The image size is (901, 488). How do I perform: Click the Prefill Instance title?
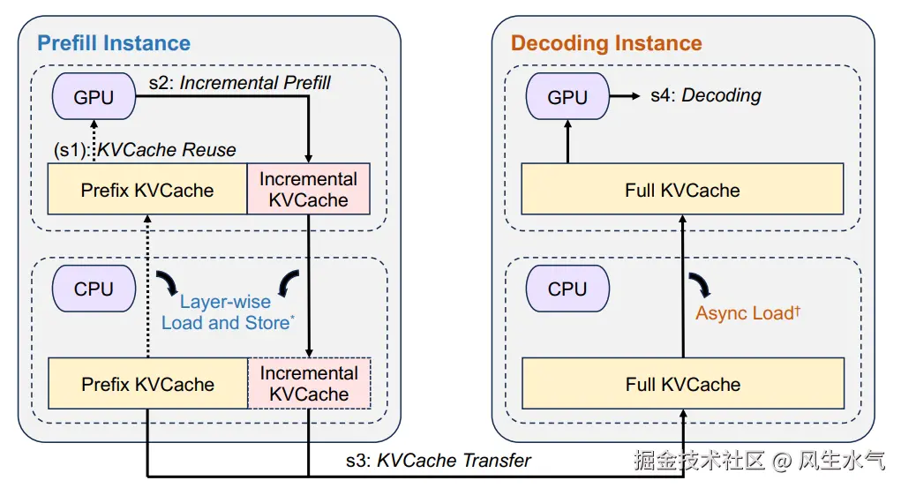click(113, 42)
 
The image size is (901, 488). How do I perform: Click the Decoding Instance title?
click(606, 43)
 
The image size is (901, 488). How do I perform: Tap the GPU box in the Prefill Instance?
click(94, 97)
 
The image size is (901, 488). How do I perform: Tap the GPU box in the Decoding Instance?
click(567, 97)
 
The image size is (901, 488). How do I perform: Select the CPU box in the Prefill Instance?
click(94, 289)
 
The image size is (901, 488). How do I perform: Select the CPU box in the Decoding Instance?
click(567, 289)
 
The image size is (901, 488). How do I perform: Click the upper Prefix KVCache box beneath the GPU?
click(147, 189)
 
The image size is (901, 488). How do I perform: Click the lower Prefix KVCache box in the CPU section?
click(147, 384)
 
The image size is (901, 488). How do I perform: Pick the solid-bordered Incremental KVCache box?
click(308, 189)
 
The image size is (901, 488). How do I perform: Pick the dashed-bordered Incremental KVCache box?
click(309, 384)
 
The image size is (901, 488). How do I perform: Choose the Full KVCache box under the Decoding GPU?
click(682, 189)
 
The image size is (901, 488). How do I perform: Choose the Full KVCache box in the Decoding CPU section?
click(682, 384)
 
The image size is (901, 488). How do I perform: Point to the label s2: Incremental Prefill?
click(239, 84)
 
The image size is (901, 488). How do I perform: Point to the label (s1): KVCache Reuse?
click(145, 150)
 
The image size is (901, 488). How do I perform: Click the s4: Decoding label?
click(705, 95)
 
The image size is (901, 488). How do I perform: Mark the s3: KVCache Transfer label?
click(438, 460)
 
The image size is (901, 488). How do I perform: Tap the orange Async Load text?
click(747, 312)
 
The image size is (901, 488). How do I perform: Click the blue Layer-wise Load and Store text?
click(227, 312)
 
